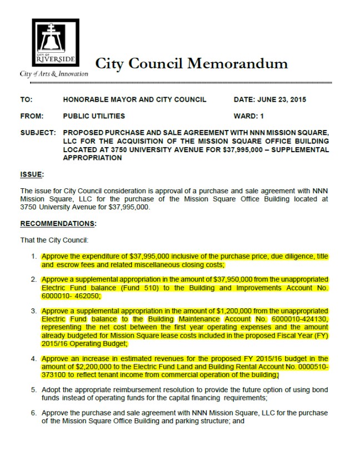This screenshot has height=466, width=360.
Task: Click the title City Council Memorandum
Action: click(192, 63)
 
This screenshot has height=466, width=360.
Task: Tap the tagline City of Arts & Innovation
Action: click(54, 74)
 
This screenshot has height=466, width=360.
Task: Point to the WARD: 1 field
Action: click(249, 117)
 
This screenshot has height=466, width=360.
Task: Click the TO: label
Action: click(26, 100)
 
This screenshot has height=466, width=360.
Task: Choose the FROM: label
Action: click(32, 117)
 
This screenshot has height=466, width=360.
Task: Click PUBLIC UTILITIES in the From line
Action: click(94, 117)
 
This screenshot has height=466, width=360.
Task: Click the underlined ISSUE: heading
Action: click(32, 174)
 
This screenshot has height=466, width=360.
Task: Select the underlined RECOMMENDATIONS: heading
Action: click(58, 224)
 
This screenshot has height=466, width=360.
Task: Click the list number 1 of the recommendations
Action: click(34, 257)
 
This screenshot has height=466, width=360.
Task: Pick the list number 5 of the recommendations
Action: click(34, 391)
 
